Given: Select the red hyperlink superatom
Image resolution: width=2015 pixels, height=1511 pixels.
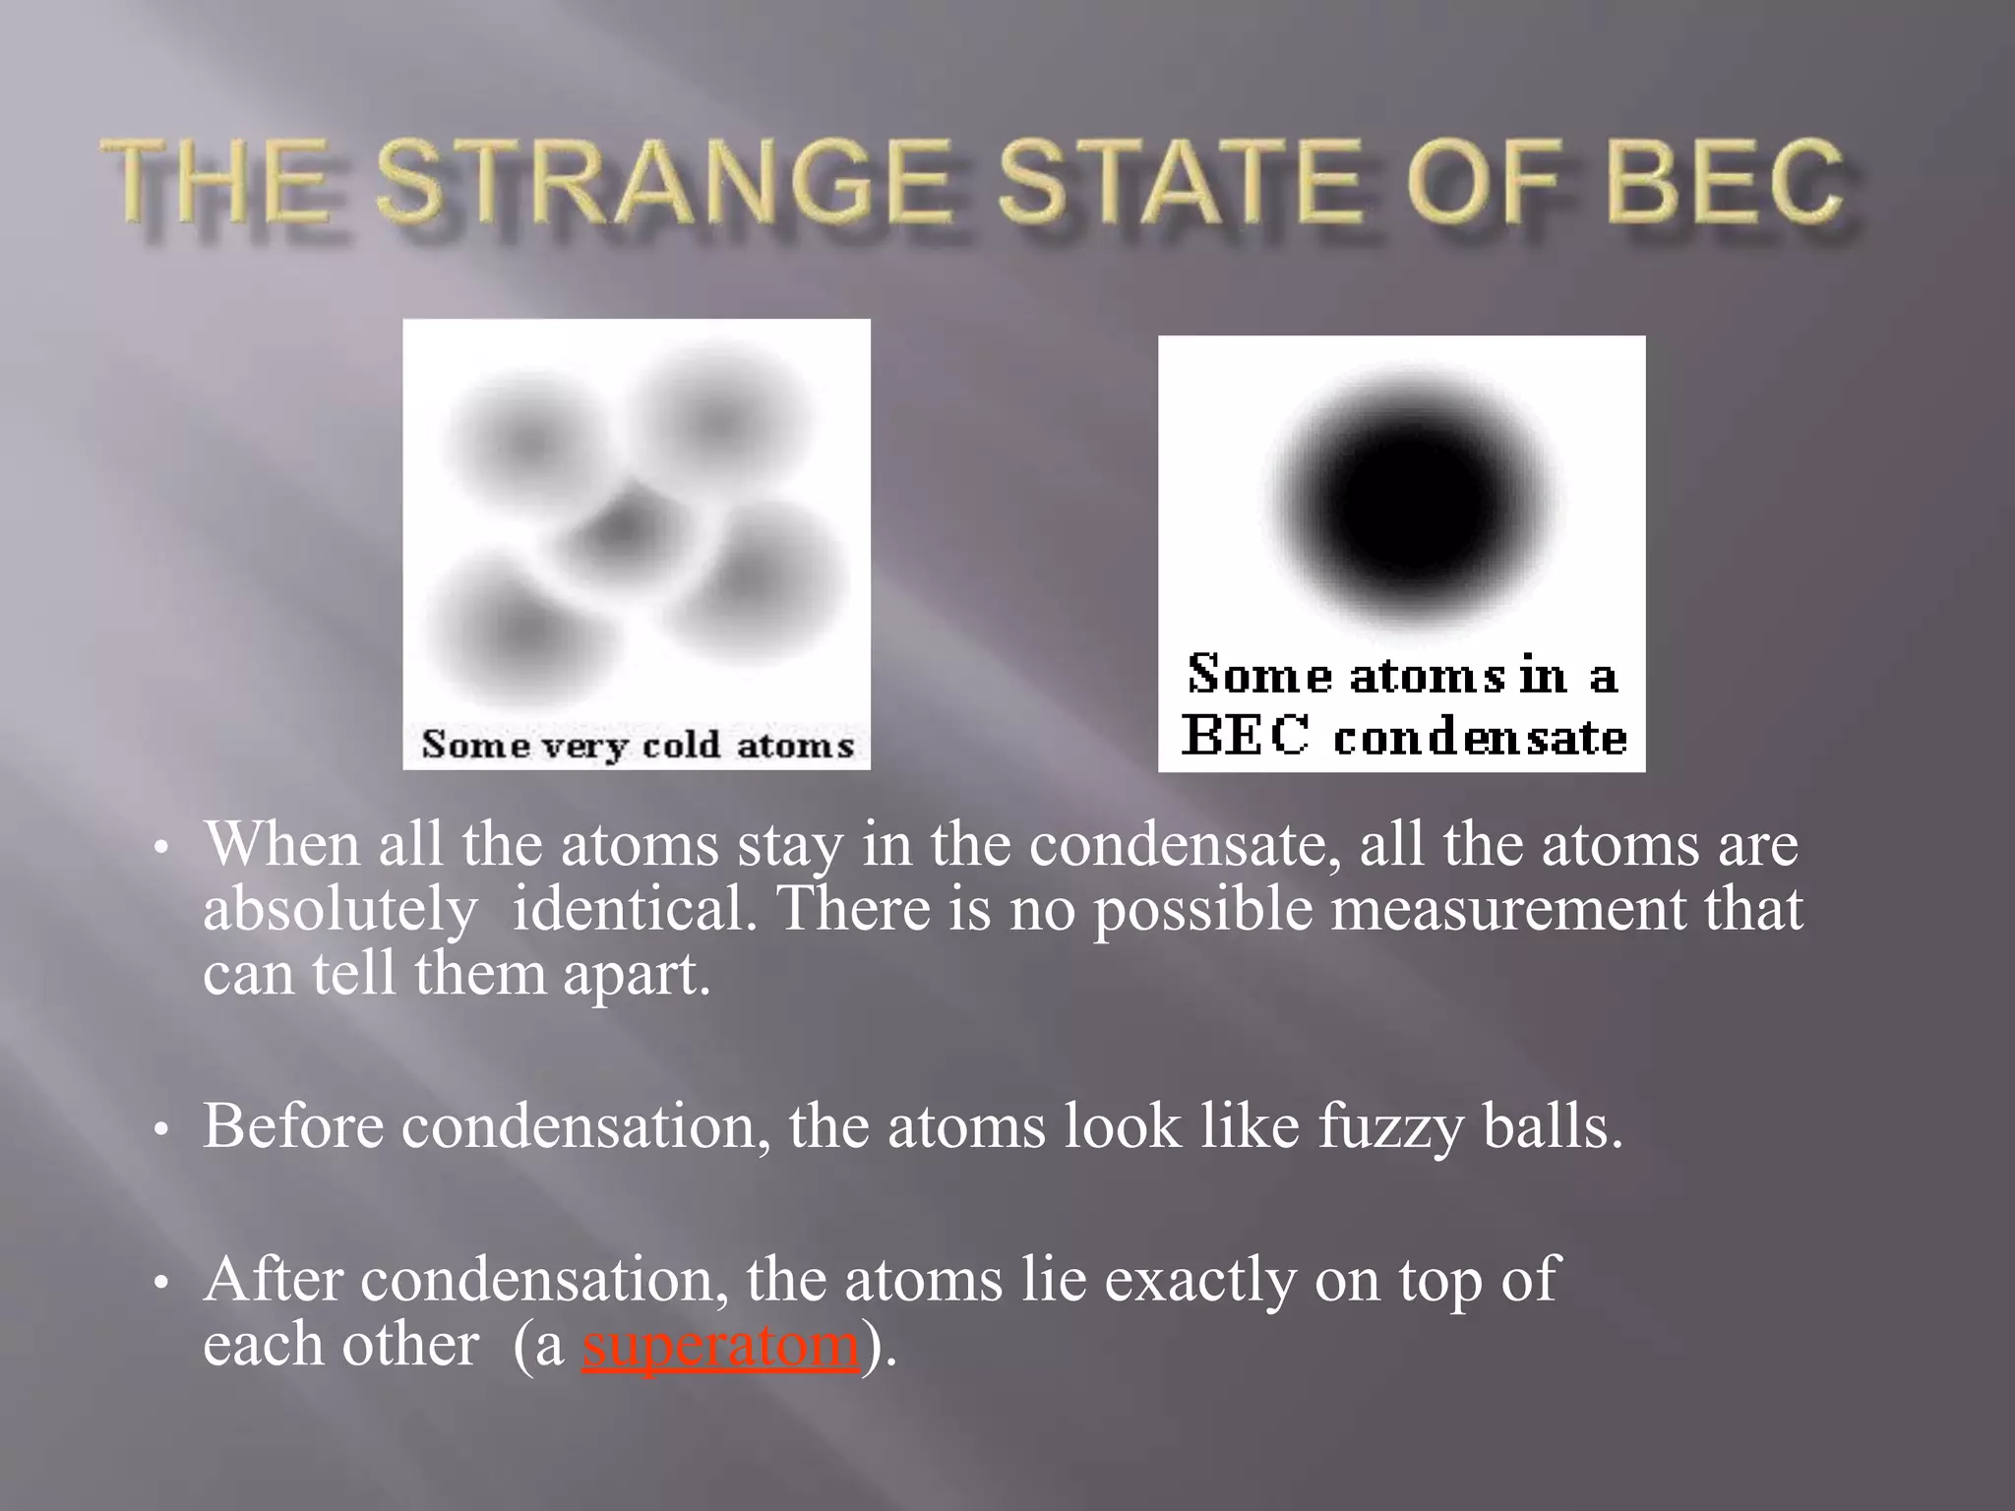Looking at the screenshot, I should point(721,1345).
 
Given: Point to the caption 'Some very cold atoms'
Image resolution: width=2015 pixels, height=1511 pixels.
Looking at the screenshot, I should point(638,745).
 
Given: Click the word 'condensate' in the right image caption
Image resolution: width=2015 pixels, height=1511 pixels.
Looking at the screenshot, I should point(1480,738).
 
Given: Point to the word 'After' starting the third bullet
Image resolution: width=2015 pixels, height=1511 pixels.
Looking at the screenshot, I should point(273,1280).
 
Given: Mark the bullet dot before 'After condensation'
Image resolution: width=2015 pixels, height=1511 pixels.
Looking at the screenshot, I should point(163,1283).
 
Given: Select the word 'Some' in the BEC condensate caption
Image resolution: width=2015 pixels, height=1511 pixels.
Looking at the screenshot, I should point(1258,675).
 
